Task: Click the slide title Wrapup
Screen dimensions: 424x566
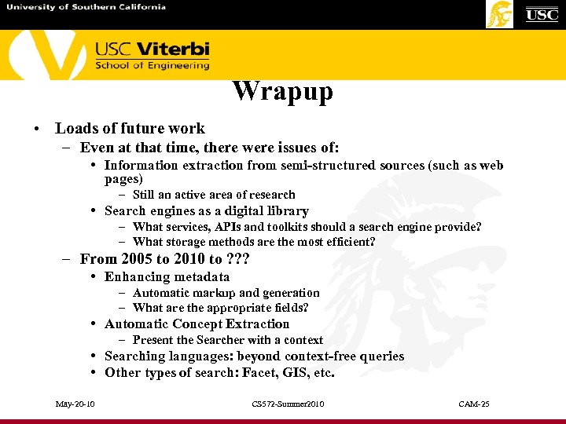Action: [282, 91]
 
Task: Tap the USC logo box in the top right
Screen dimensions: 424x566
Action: [542, 14]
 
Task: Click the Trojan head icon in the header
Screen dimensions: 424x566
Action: [500, 14]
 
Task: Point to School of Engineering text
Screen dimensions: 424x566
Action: [153, 66]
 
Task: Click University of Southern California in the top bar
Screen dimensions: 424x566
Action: [86, 7]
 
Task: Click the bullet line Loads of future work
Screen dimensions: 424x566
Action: [130, 128]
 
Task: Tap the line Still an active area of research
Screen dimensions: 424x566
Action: [214, 195]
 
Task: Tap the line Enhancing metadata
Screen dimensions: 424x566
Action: [167, 276]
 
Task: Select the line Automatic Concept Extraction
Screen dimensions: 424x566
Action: [197, 323]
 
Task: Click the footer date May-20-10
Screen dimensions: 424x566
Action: [75, 404]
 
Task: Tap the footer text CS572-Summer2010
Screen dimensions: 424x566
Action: [288, 404]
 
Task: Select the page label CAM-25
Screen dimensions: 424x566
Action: [474, 404]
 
